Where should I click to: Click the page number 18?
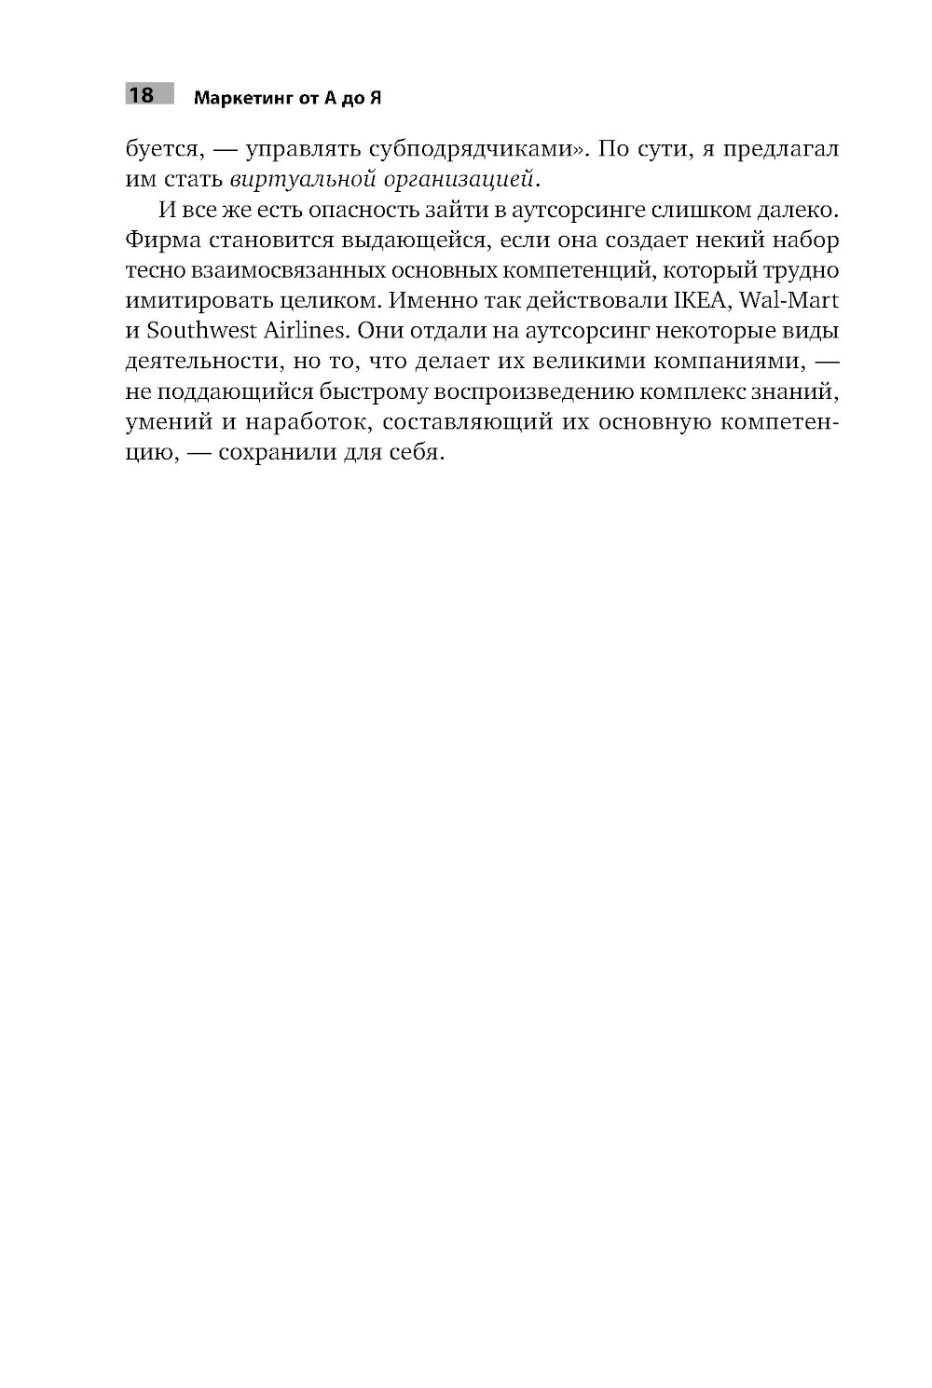[141, 95]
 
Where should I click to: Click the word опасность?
[360, 210]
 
